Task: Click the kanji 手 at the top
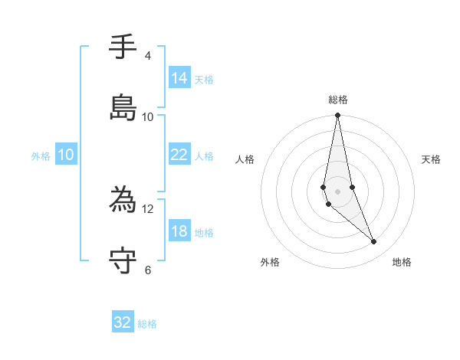[x=123, y=48]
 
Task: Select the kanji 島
[x=123, y=108]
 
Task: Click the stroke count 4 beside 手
[x=147, y=56]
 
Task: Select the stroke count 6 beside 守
[x=147, y=270]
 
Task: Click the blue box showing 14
[x=179, y=77]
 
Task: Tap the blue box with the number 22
[x=179, y=155]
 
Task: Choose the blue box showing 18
[x=179, y=231]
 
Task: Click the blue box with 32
[x=123, y=322]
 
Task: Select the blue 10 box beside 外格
[x=66, y=155]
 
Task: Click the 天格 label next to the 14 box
[x=204, y=79]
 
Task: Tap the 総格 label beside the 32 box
[x=147, y=324]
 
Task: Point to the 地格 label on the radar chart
[x=402, y=263]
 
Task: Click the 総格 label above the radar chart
[x=338, y=100]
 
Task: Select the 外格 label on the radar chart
[x=270, y=263]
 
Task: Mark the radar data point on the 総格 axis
[x=338, y=116]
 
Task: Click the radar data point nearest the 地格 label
[x=374, y=242]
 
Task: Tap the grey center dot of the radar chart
[x=338, y=191]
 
